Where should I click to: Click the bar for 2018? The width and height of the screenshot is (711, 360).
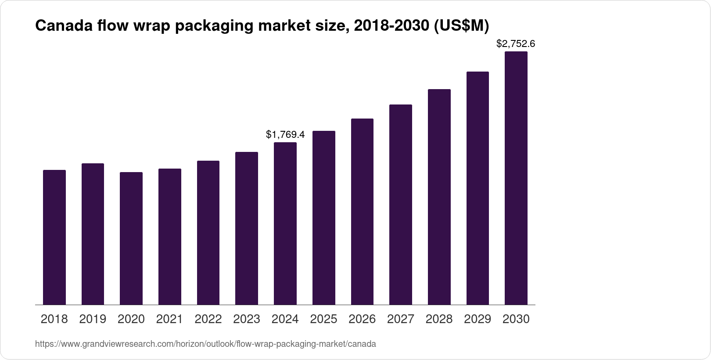54,237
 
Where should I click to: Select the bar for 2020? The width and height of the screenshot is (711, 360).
131,238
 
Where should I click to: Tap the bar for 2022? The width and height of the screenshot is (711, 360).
208,233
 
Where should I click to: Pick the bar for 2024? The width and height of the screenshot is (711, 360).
285,223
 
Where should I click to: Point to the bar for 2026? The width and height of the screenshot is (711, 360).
362,212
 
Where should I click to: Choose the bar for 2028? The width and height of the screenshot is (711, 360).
439,197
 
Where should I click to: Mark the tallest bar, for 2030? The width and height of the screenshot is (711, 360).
516,178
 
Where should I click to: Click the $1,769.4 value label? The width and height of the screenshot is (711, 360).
285,134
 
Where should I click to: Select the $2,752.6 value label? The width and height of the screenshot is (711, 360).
516,43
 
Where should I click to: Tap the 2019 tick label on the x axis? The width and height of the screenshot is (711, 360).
93,319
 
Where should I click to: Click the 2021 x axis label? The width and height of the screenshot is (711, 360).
169,319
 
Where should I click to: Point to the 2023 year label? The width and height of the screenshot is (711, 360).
247,319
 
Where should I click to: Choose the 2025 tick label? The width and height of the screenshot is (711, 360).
323,319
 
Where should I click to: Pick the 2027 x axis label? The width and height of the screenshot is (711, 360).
401,319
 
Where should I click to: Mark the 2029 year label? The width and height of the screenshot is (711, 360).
478,319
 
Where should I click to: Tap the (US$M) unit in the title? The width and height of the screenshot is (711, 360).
461,26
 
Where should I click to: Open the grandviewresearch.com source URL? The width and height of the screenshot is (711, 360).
205,344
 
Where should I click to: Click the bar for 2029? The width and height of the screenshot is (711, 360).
478,188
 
